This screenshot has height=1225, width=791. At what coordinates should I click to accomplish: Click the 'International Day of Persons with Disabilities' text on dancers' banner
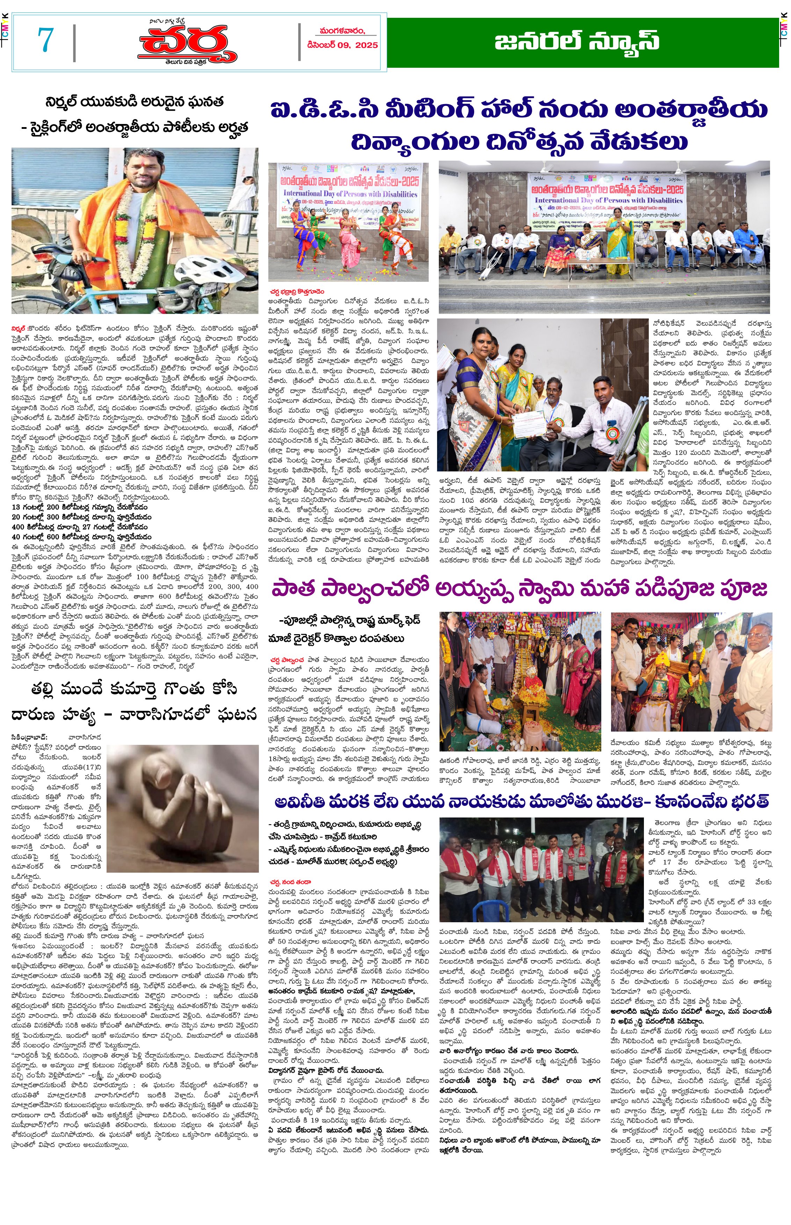(x=350, y=194)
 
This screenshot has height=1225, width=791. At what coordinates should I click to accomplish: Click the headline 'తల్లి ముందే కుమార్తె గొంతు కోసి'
(x=135, y=690)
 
